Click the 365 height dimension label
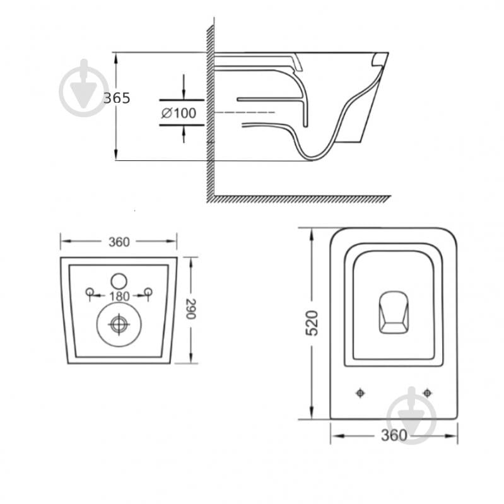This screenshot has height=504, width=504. point(117,98)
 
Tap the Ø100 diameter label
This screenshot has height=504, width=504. point(179,113)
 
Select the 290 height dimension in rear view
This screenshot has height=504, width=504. point(191,309)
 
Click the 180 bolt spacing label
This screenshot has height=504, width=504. point(119,296)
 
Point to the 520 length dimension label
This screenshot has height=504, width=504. point(312,323)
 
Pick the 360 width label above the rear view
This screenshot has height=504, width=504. point(119,242)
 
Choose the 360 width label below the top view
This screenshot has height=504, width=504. point(394,435)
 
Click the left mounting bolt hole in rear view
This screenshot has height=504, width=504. point(90,291)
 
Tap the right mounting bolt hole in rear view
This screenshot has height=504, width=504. point(148,291)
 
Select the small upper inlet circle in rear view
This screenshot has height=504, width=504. point(119,281)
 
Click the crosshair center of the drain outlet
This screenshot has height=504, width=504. point(119,324)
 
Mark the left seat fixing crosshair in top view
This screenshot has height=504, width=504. point(360,393)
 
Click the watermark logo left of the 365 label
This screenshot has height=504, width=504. point(85,88)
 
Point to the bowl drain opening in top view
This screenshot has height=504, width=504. point(394,312)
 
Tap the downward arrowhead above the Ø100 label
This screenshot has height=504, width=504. point(184,94)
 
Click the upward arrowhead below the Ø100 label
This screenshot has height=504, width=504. point(184,131)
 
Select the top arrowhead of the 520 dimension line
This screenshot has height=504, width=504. point(312,234)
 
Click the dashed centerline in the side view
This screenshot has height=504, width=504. point(245,112)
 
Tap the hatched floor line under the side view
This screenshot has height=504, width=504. point(299,199)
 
